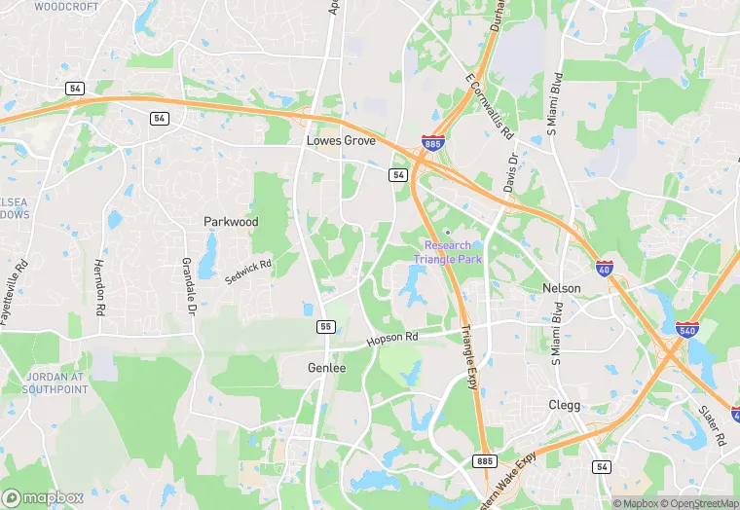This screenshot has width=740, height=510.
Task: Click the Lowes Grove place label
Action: pos(341,140)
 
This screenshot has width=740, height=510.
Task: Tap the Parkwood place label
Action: pos(231,222)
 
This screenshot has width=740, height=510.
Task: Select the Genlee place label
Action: pos(326,368)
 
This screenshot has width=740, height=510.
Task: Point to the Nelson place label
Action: pos(561,288)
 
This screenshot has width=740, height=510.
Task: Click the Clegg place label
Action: pos(564,405)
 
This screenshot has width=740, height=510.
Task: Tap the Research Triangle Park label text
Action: pos(447,252)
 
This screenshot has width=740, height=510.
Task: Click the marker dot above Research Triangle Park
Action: pos(448,232)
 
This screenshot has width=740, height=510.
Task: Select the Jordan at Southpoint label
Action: pos(47,382)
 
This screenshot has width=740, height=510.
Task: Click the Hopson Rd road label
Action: pos(391,339)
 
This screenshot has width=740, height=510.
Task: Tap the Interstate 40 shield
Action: pos(605,267)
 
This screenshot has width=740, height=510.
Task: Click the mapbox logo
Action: pos(43,497)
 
